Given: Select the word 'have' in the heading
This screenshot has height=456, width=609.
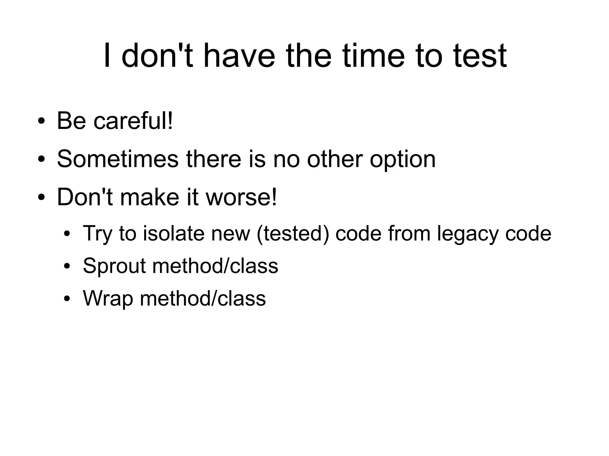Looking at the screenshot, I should click(239, 56).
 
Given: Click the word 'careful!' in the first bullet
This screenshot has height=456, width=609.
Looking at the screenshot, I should click(133, 121).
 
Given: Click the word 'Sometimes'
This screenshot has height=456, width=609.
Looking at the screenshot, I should click(118, 159).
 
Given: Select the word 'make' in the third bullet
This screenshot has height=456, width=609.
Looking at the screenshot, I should click(150, 197).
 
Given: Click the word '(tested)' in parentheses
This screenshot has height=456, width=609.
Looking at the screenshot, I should click(293, 233).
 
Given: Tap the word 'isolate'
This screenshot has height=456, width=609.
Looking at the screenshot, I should click(174, 233).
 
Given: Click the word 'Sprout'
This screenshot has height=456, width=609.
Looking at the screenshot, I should click(114, 266).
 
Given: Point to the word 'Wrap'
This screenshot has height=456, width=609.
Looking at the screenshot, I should click(108, 298).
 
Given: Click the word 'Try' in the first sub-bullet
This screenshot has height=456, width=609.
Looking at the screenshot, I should click(97, 234).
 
